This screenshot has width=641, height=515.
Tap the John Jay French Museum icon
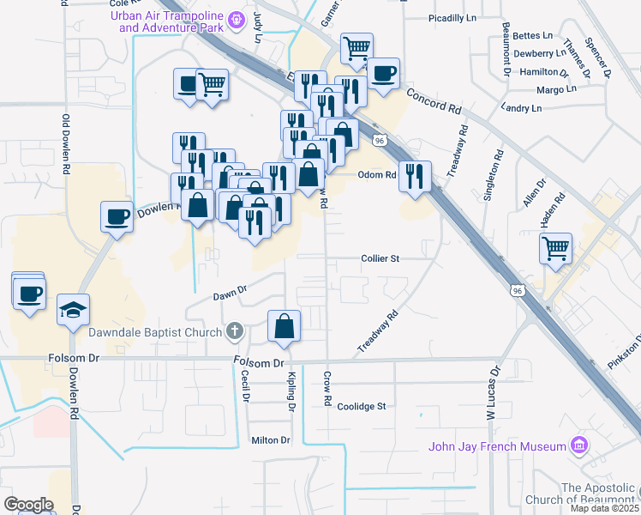580,445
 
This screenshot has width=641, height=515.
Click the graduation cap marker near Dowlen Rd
73,310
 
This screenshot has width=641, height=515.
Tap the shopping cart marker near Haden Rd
555,248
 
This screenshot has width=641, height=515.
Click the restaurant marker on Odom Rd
415,177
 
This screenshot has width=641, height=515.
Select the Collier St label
380,257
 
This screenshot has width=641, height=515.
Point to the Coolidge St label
362,406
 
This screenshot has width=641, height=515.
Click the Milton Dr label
271,440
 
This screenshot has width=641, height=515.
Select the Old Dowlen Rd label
65,145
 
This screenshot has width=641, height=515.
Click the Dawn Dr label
230,294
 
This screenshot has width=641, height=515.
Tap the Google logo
28,504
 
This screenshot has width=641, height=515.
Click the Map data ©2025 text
605,508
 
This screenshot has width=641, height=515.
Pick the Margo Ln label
555,89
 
